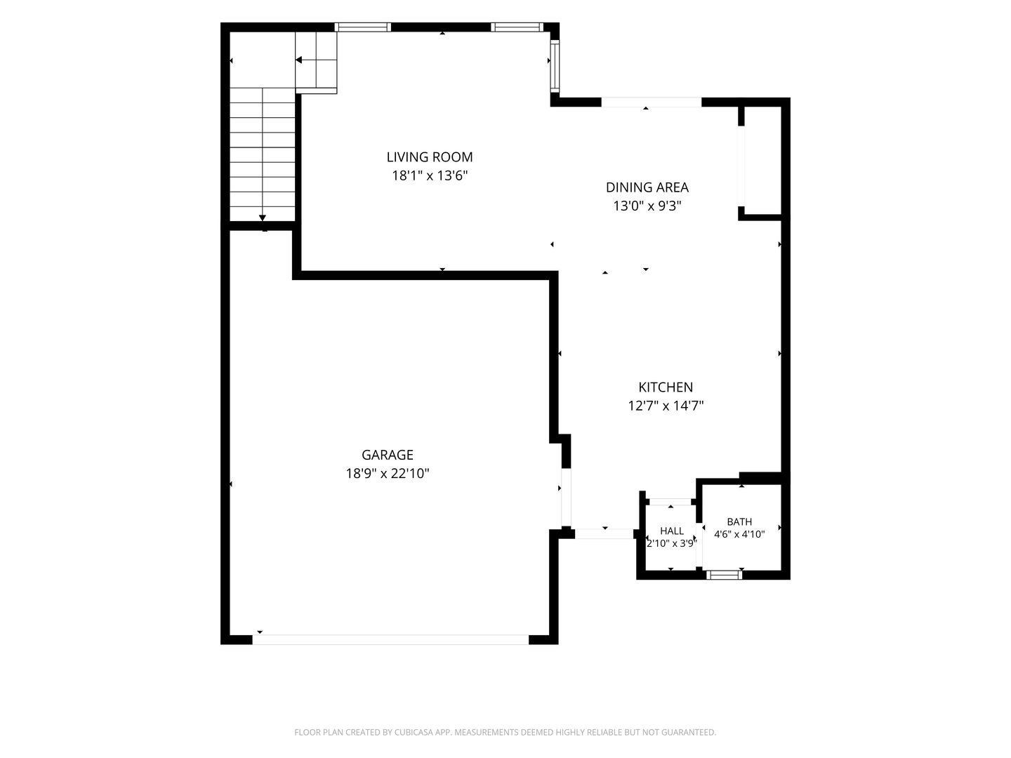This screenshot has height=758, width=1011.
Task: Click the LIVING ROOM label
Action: click(x=429, y=157)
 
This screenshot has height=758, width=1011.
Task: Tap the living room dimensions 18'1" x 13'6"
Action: click(x=429, y=175)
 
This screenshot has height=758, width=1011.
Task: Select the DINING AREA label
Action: click(x=647, y=187)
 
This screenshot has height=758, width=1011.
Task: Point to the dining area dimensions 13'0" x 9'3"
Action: click(x=647, y=206)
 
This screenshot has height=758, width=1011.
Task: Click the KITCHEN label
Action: click(x=665, y=387)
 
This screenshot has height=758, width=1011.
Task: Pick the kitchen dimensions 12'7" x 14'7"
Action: click(x=666, y=406)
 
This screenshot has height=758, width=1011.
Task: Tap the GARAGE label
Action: click(x=387, y=455)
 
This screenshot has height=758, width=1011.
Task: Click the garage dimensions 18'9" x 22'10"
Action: click(x=388, y=473)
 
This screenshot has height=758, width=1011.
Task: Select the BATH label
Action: click(x=739, y=521)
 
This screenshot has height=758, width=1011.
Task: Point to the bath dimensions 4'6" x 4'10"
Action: click(x=739, y=534)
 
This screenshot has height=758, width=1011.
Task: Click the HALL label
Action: click(x=672, y=531)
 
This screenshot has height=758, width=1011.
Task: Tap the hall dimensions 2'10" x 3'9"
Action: click(x=672, y=543)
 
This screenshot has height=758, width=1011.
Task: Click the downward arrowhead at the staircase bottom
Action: click(x=263, y=218)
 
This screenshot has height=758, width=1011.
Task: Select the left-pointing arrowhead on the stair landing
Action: click(x=298, y=60)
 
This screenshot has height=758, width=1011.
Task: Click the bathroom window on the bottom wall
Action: click(x=724, y=574)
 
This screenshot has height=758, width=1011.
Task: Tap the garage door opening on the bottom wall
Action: click(x=390, y=639)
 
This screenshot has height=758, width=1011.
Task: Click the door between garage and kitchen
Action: click(x=566, y=497)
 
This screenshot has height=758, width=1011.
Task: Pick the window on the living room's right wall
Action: click(x=555, y=66)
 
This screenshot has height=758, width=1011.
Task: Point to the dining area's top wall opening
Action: click(x=652, y=102)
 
